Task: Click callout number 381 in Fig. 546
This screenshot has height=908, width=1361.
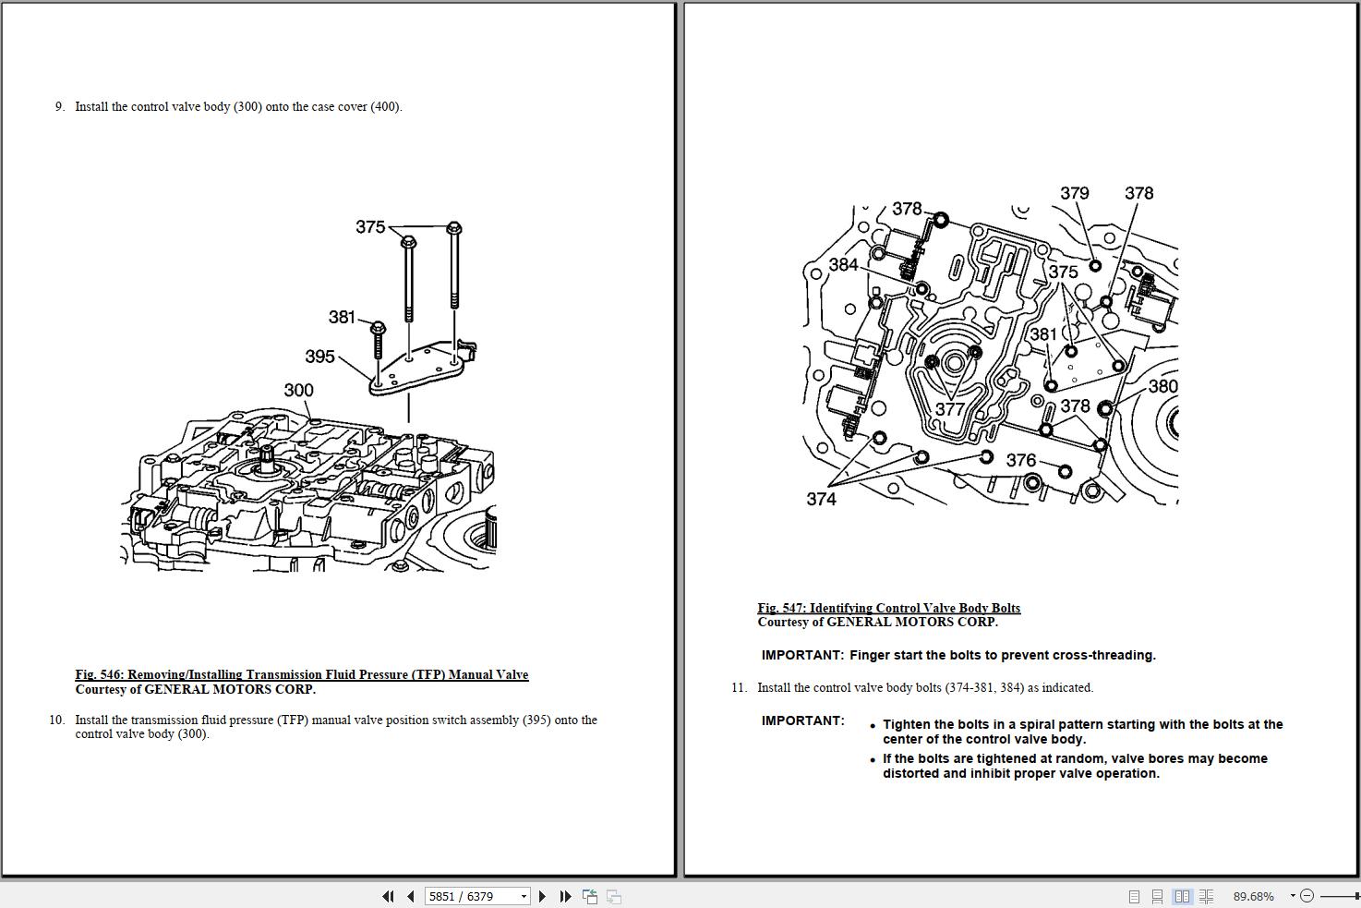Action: [342, 318]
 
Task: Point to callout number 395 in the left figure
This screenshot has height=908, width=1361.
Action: [319, 357]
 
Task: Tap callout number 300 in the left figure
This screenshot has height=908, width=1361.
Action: [298, 391]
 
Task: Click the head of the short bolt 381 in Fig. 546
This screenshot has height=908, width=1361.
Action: [378, 328]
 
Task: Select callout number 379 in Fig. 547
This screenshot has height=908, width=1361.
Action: [1074, 193]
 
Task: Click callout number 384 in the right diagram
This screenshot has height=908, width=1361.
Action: [843, 265]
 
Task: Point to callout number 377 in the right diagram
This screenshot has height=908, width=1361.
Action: [950, 408]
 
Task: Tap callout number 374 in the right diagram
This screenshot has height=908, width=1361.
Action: [821, 499]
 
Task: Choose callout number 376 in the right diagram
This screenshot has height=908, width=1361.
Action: [1021, 460]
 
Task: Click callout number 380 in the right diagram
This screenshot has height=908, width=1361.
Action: [1162, 386]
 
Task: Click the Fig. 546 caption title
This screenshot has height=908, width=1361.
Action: [302, 675]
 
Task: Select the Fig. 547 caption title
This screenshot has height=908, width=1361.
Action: [888, 608]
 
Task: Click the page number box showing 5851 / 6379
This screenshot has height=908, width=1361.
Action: [476, 896]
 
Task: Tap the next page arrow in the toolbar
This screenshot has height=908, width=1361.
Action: [542, 896]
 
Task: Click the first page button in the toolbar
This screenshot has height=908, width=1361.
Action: [388, 896]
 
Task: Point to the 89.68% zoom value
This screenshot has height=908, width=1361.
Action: [1253, 896]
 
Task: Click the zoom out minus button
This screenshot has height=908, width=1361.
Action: [1307, 896]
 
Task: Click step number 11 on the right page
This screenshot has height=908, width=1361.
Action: [738, 688]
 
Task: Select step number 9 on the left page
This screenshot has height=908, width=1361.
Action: [59, 107]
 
